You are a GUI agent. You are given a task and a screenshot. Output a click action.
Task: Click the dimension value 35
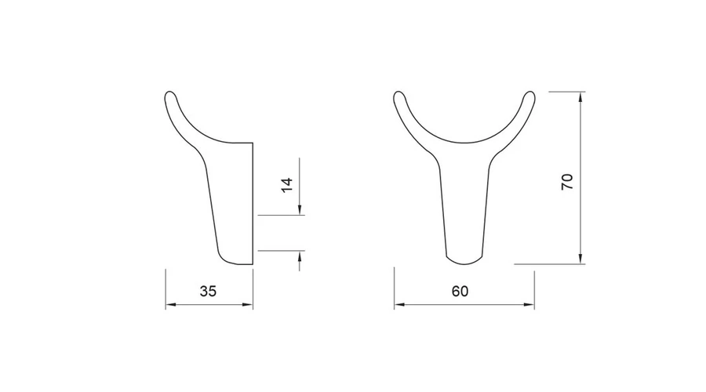(x=208, y=291)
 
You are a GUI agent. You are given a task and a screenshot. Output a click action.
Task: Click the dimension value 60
(x=460, y=291)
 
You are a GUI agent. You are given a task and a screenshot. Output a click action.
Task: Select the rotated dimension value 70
(x=567, y=181)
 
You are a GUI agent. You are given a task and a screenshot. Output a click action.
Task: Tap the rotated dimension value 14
(x=287, y=185)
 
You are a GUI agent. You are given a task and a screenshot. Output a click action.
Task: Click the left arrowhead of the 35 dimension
(x=171, y=305)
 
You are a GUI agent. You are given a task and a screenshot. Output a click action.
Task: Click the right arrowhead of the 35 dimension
(x=248, y=305)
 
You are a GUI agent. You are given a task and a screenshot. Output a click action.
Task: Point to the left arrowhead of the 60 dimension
(x=399, y=305)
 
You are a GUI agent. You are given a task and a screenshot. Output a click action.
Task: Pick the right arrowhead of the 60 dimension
(x=529, y=305)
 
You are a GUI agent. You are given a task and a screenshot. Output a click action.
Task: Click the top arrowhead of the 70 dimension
(x=580, y=96)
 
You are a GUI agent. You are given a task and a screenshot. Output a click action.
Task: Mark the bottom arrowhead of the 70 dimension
(x=580, y=259)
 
